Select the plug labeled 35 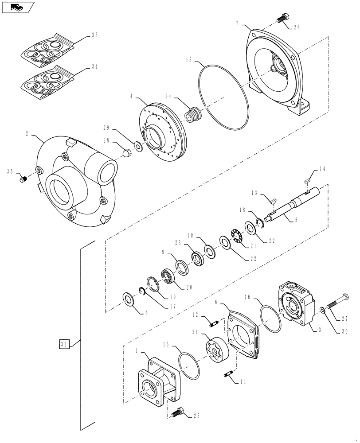(x=24, y=180)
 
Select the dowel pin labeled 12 (x=212, y=322)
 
